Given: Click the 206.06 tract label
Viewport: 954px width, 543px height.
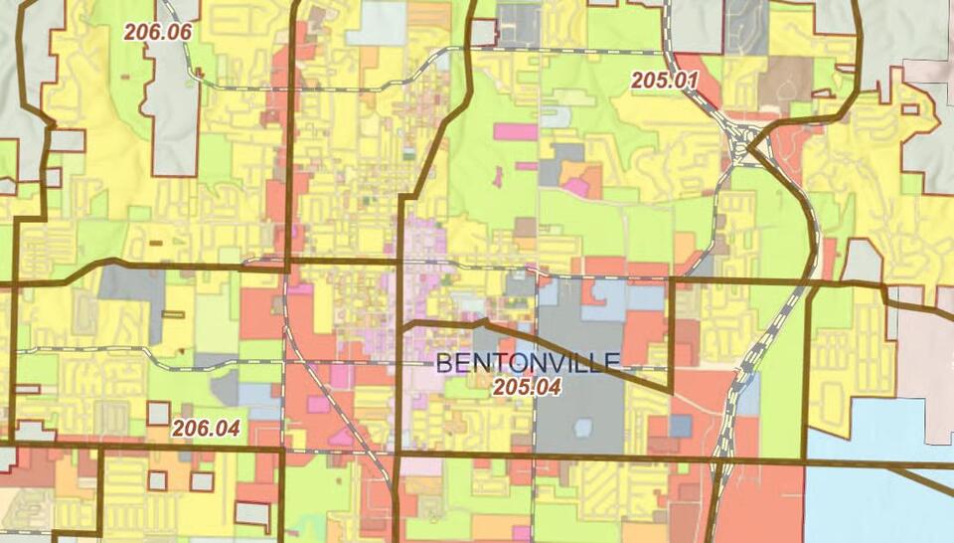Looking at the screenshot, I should click(157, 31).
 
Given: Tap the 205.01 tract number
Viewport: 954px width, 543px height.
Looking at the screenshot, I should click(665, 80).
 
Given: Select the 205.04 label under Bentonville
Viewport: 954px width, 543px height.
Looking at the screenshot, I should click(528, 388).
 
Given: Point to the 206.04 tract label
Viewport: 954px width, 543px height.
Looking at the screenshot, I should click(206, 429).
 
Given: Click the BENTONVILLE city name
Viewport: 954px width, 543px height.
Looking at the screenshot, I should click(528, 362).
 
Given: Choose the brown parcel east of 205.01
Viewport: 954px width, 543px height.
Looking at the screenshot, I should click(784, 80).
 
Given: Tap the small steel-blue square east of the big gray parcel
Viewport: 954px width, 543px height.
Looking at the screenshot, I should click(680, 426).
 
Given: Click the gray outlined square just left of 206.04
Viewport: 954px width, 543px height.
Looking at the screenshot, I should click(158, 414).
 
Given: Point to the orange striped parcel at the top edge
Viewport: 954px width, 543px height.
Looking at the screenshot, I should click(429, 15).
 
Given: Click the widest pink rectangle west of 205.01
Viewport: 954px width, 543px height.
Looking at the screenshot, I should click(515, 131).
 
